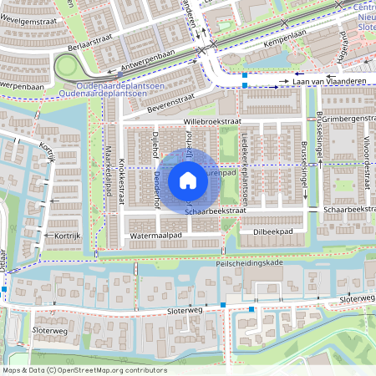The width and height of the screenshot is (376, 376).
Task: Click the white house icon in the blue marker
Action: (188, 180)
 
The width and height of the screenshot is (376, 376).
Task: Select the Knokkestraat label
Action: (122, 177)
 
